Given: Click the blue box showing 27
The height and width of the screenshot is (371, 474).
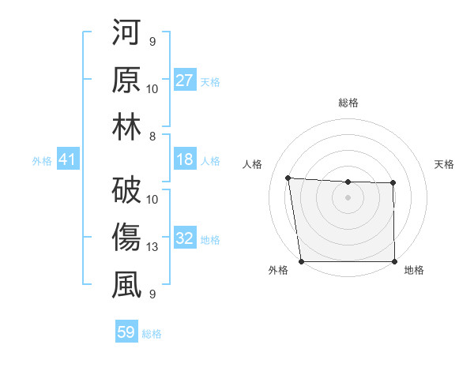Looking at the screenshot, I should tap(185, 80).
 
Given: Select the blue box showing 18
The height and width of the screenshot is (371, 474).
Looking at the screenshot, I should tap(185, 160).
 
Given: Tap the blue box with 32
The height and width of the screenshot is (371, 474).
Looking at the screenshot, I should tap(185, 238).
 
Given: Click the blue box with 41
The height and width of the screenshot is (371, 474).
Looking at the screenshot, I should tap(67, 160).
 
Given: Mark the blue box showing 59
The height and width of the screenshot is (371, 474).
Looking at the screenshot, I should tap(126, 332).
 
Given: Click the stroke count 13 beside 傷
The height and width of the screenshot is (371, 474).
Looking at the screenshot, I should tap(153, 247).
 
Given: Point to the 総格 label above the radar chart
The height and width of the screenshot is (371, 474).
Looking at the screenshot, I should tap(348, 103).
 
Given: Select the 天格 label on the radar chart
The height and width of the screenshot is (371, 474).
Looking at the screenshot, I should tap(444, 164).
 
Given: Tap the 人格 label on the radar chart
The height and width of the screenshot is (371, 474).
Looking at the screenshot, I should tap(253, 164).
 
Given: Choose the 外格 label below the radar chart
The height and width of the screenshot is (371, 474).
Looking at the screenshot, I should tap(278, 271).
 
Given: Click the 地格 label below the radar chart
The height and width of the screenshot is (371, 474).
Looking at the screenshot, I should tap(414, 271).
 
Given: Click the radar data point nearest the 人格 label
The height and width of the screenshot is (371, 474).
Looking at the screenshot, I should tap(288, 178).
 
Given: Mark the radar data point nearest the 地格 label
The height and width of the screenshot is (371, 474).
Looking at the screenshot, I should tap(395, 261).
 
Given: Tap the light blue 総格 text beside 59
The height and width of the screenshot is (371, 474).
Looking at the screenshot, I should tap(152, 334).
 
